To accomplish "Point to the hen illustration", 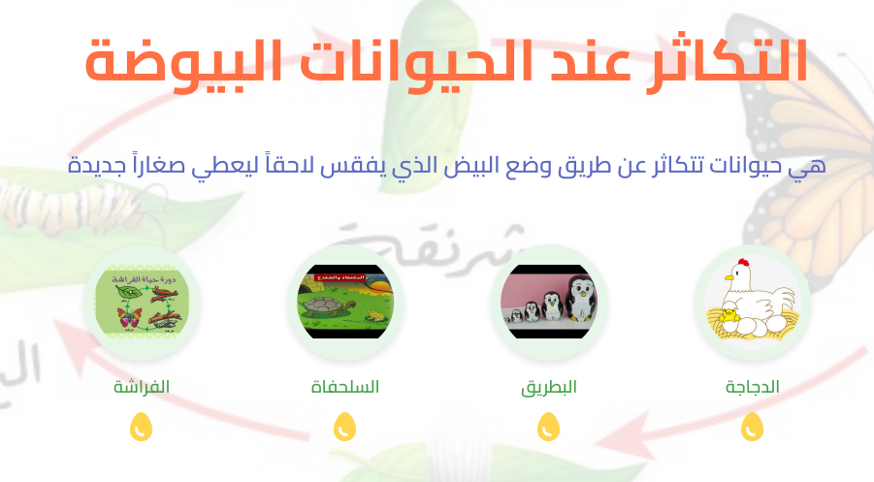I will pos(753,303).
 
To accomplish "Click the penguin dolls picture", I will pos(549,302).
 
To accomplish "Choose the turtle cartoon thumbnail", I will pos(345,302).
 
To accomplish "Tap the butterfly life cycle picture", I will pos(142,302).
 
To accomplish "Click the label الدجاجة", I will pos(753,387).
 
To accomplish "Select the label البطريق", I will pos(549,387).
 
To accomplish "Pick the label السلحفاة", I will pos(345,387).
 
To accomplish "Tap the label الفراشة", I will pos(142,387).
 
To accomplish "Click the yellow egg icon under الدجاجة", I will pos(753,427).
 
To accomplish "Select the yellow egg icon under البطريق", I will pos(549,427).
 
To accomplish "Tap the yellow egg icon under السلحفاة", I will pos(345,427).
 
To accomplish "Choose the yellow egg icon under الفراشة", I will pos(142,427).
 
